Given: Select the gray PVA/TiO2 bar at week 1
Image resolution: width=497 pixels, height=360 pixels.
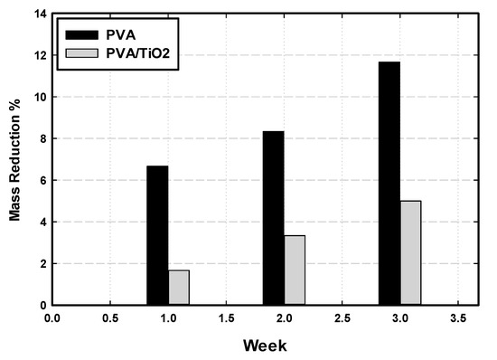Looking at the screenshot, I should [x=179, y=288].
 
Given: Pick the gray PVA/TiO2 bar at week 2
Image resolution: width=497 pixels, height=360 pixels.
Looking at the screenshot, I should [x=295, y=270].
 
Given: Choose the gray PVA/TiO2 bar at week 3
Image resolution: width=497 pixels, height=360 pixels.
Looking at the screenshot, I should [x=410, y=253].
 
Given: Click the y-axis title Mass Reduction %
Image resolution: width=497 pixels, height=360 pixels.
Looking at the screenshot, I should [x=15, y=159].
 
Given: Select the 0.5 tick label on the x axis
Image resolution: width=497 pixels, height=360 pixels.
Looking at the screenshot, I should [x=110, y=318].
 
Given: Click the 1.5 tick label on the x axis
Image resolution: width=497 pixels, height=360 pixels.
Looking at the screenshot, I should [x=226, y=318].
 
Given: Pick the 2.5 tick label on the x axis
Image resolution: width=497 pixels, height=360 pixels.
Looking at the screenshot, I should [x=342, y=318].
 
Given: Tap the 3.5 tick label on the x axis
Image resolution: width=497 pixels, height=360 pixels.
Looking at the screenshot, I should [x=457, y=318].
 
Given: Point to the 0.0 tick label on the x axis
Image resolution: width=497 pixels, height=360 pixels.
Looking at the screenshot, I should [x=52, y=318].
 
